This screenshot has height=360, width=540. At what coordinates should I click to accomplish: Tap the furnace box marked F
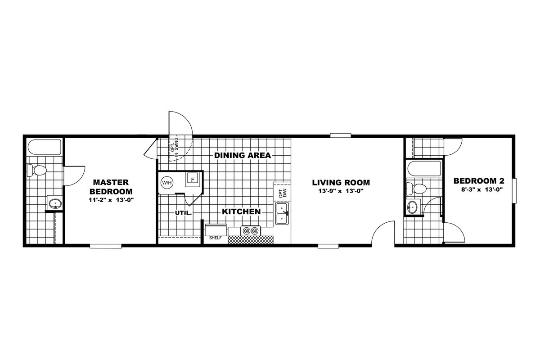point(192,180)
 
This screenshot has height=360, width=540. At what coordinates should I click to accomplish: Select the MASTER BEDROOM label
point(111,187)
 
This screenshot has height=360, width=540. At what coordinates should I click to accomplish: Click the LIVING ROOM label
point(341,183)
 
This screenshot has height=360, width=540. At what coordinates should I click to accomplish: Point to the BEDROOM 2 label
point(479,181)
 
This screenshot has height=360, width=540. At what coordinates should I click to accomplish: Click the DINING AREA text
point(243,155)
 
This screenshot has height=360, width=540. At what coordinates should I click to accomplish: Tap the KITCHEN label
point(241,211)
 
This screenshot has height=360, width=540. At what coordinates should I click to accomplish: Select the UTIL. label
point(183,213)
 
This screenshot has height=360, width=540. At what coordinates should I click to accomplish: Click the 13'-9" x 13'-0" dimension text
point(341,191)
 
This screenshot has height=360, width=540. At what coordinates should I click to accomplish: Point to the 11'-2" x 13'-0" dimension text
point(111,200)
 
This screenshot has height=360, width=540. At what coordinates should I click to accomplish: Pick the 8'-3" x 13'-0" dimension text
point(482,189)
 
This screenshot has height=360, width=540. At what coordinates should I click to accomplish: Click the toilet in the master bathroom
point(36,170)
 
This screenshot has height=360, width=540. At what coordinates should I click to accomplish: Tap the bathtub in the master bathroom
point(45,147)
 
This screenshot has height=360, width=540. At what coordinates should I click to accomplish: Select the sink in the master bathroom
point(55,204)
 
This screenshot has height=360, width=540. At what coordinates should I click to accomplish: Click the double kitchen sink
point(282,213)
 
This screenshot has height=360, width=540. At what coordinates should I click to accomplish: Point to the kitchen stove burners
point(251,231)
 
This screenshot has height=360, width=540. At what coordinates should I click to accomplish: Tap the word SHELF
point(215,238)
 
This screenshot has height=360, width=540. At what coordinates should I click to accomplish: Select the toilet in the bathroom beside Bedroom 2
point(416,189)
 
